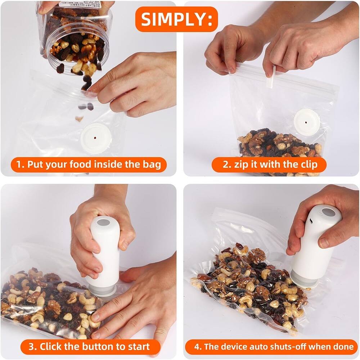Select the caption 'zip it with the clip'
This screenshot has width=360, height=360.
269,165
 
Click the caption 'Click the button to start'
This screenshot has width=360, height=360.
89,347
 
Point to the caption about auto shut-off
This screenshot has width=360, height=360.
274,347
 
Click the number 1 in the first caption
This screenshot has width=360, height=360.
20,165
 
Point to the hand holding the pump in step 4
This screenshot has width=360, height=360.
324,223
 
